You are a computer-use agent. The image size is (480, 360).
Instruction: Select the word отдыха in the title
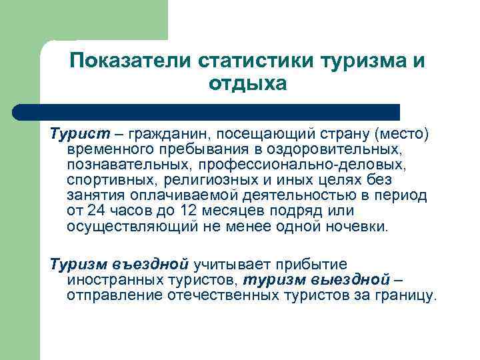coord(247,84)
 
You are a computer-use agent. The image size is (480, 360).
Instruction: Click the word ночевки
coord(354,226)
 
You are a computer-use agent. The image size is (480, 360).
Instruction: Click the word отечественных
coord(216,294)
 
